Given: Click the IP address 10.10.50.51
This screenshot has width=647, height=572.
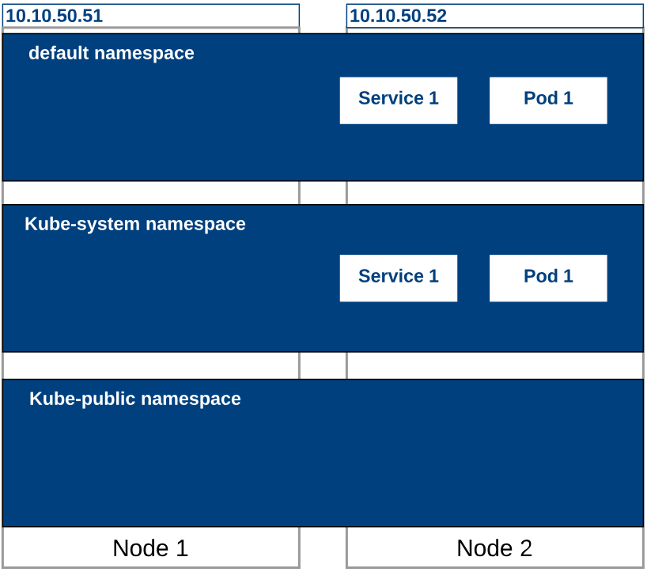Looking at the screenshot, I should (x=55, y=16).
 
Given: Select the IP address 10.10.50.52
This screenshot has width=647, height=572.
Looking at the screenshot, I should (x=399, y=16).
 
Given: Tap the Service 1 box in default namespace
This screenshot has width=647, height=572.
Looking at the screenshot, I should (x=398, y=100).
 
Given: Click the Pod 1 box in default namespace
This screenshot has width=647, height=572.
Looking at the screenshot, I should (x=548, y=100).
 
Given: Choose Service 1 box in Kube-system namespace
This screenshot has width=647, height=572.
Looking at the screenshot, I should (x=398, y=278).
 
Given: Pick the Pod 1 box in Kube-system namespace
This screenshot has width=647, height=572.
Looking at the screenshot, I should (x=548, y=278).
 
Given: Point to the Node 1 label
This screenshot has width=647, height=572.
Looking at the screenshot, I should (x=150, y=548).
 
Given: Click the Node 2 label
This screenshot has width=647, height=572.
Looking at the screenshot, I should (x=494, y=548).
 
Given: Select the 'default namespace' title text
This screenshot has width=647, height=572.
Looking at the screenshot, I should (x=112, y=54).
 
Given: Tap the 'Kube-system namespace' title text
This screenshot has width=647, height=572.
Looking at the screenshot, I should (x=135, y=224).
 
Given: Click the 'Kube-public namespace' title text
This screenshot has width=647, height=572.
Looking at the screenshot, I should (x=135, y=399).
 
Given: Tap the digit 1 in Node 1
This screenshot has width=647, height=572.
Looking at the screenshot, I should (x=181, y=548).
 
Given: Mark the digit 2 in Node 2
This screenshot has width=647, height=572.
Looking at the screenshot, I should (x=525, y=548).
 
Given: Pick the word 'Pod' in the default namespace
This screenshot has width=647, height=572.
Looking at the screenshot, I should (x=541, y=99).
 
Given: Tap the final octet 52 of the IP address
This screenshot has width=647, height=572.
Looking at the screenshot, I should (x=437, y=16).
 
